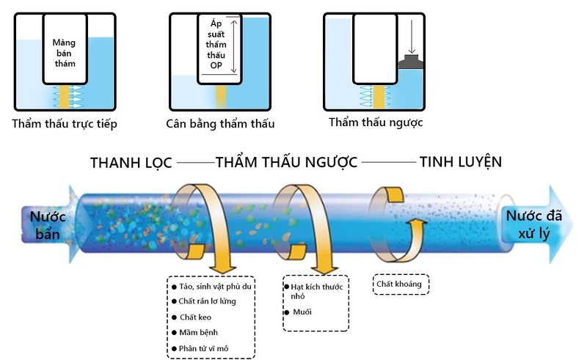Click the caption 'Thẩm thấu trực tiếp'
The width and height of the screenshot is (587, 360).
[65, 124]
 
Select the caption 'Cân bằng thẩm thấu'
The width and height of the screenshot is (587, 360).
[220, 124]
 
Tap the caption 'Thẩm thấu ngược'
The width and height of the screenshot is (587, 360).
[376, 122]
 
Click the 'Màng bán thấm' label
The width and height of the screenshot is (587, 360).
[64, 53]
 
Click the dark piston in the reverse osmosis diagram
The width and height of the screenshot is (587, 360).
[409, 63]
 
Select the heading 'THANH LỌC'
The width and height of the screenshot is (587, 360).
[130, 163]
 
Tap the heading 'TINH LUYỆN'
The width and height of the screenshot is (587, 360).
[460, 162]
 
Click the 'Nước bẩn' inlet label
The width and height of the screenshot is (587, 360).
[48, 224]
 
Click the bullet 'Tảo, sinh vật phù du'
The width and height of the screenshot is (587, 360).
[216, 286]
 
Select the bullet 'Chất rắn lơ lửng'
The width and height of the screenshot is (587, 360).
[208, 301]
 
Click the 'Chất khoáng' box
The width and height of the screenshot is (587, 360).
[401, 283]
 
